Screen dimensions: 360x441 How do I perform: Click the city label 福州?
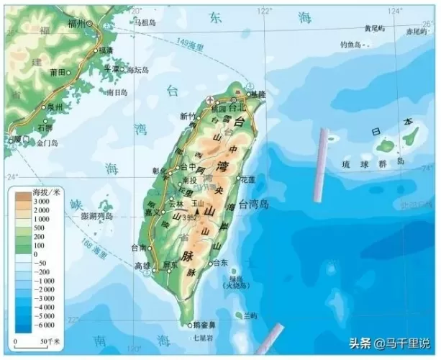point(76,23)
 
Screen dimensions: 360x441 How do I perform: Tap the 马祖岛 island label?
point(144,22)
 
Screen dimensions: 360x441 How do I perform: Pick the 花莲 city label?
point(247,178)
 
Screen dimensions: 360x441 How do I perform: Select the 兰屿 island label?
point(250,315)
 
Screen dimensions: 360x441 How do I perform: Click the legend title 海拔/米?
point(47,193)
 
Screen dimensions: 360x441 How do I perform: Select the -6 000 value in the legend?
point(45,326)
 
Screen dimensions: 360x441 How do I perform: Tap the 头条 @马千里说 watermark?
point(392,343)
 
